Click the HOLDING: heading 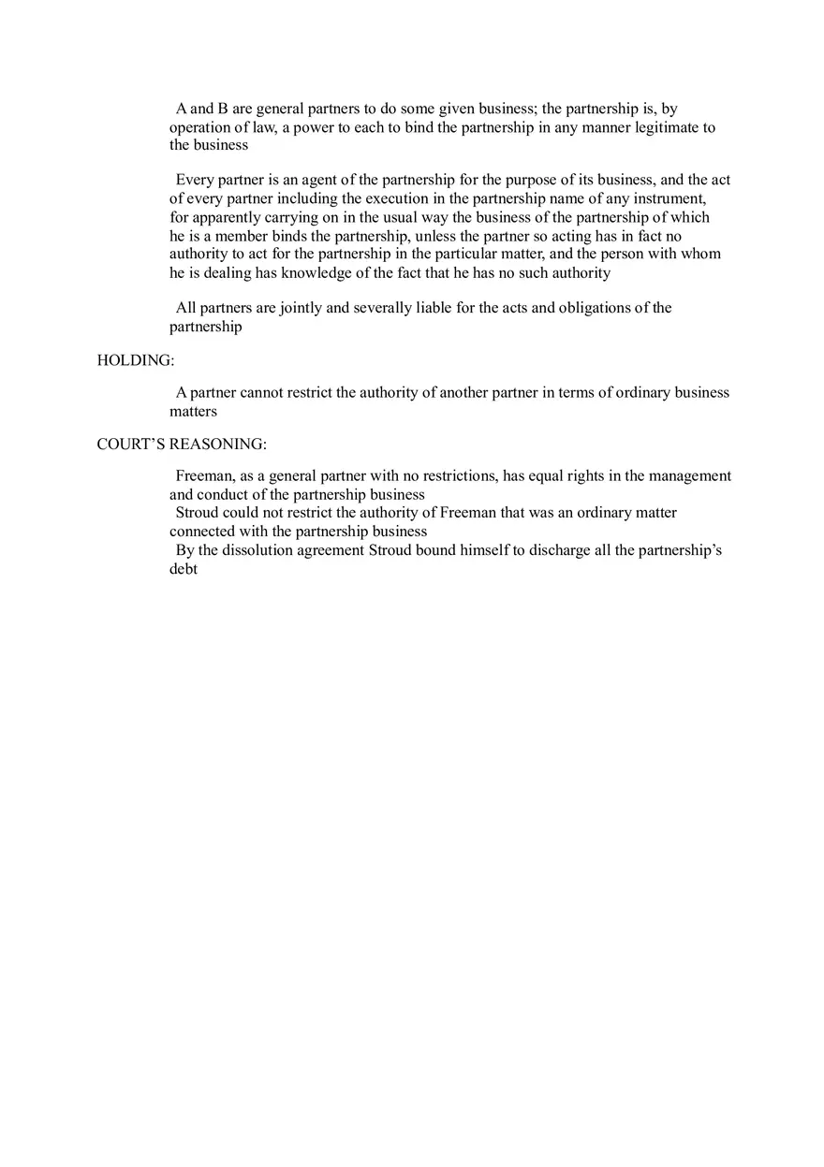tap(135, 360)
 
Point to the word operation tap(201, 127)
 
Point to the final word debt tap(184, 569)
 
